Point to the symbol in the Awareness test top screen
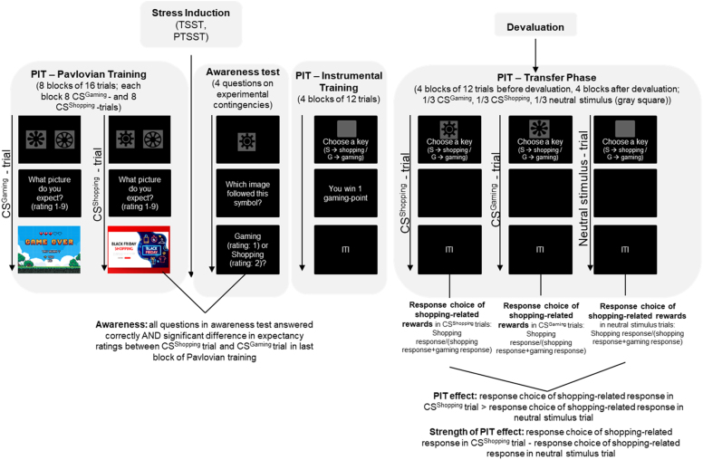point(242,140)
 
